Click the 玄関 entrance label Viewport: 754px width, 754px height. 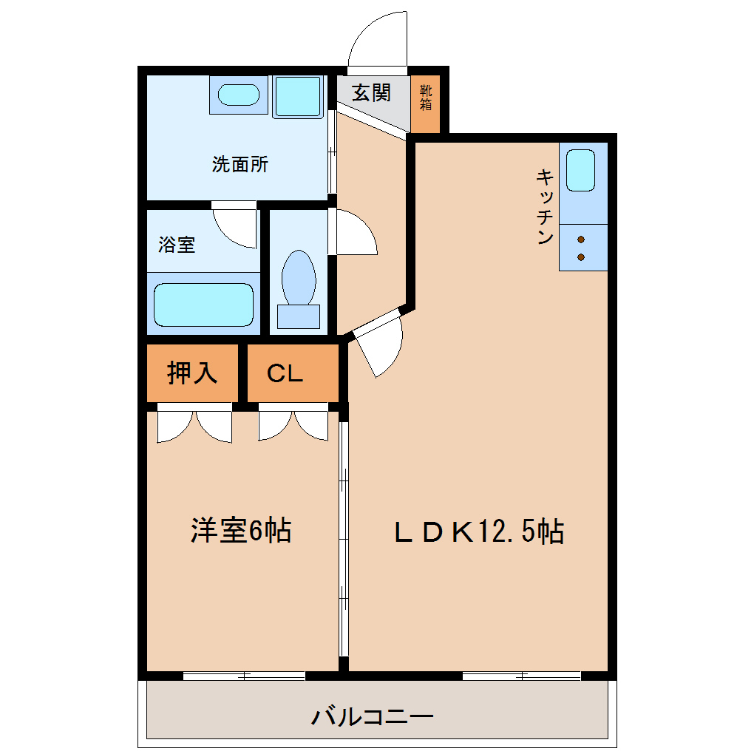point(371,93)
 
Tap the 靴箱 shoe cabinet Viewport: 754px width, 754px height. point(426,103)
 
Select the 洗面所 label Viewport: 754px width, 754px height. point(240,164)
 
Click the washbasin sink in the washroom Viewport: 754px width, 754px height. point(239,95)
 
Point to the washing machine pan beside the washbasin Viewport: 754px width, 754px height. point(298,97)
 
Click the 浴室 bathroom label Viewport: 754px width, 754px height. point(177,245)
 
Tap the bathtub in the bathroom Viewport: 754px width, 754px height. point(203,305)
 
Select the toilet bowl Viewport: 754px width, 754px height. point(299,277)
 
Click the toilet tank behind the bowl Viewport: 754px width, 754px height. point(299,316)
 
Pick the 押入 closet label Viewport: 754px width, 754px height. point(192,373)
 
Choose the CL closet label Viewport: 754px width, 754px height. point(285,373)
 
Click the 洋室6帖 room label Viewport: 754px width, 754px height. point(241,531)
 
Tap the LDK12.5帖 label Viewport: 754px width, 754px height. point(479,531)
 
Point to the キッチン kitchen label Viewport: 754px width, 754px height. point(545,206)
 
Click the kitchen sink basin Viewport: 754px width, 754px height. point(580,170)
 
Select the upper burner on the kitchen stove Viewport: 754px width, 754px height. point(581,240)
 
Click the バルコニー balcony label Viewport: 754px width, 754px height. point(372,717)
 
